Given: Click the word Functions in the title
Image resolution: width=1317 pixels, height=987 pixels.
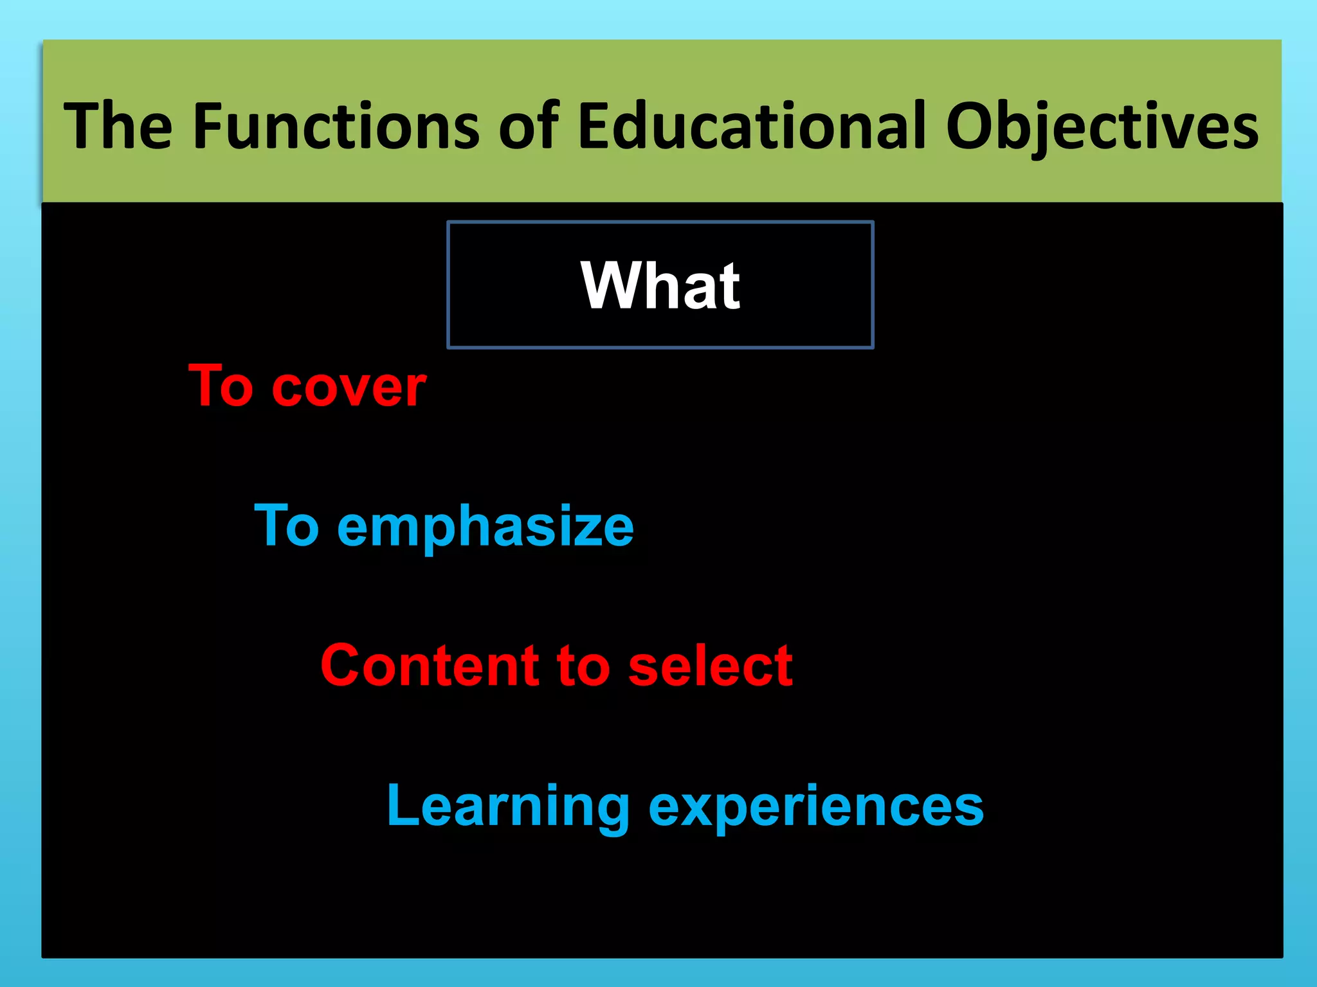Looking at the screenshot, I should point(336,126).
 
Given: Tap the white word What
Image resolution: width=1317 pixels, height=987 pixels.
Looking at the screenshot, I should point(660,286).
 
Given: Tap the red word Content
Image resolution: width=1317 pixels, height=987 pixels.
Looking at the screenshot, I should point(430,666).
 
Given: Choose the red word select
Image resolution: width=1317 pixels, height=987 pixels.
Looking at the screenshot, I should point(710,666).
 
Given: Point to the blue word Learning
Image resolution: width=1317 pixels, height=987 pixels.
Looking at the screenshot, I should point(507,807).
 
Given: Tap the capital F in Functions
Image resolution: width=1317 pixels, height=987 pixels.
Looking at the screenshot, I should point(207,126).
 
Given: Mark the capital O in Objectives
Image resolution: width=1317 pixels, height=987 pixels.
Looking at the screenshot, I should point(971,126).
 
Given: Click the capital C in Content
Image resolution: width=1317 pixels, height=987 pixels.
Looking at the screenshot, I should point(341,666).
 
